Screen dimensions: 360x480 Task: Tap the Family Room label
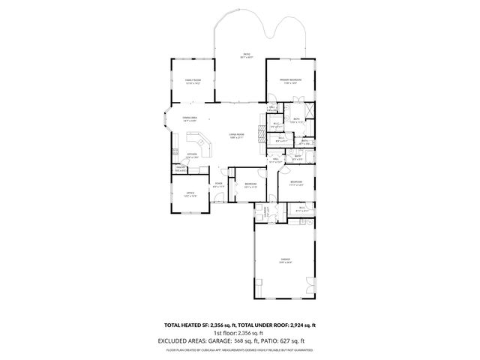[x=193, y=82]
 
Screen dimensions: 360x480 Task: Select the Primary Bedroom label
[x=290, y=80]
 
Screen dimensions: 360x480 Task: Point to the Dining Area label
[x=189, y=118]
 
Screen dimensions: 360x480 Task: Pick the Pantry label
[x=181, y=169]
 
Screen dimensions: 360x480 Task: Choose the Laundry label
[x=265, y=212]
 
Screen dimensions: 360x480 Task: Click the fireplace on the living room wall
[x=262, y=135]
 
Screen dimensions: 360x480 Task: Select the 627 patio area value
[x=299, y=340]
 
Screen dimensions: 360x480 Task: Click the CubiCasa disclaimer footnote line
[x=240, y=349]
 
